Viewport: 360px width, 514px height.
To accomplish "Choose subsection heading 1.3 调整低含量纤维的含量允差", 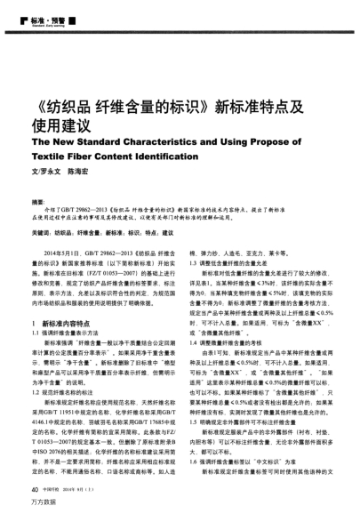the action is coord(228,239).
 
